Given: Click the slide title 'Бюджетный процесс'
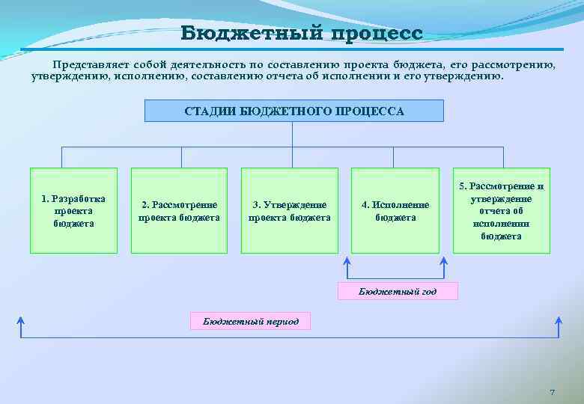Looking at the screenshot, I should pyautogui.click(x=301, y=34).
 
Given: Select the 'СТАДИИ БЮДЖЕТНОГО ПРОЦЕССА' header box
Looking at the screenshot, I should pyautogui.click(x=293, y=111).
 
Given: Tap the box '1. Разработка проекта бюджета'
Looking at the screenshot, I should pyautogui.click(x=73, y=210).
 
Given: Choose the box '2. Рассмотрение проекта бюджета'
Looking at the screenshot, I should pyautogui.click(x=179, y=210).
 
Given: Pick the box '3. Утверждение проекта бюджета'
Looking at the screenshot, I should pyautogui.click(x=289, y=210).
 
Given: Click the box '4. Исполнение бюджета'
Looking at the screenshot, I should pyautogui.click(x=395, y=210).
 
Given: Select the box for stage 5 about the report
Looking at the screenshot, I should pyautogui.click(x=502, y=210).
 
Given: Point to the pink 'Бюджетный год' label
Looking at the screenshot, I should pyautogui.click(x=398, y=291).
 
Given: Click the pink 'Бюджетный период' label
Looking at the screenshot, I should pyautogui.click(x=250, y=322).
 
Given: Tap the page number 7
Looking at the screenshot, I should pyautogui.click(x=552, y=393).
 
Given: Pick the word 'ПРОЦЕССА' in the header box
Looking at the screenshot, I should pyautogui.click(x=371, y=111).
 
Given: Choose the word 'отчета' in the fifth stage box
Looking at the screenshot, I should pyautogui.click(x=502, y=210).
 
